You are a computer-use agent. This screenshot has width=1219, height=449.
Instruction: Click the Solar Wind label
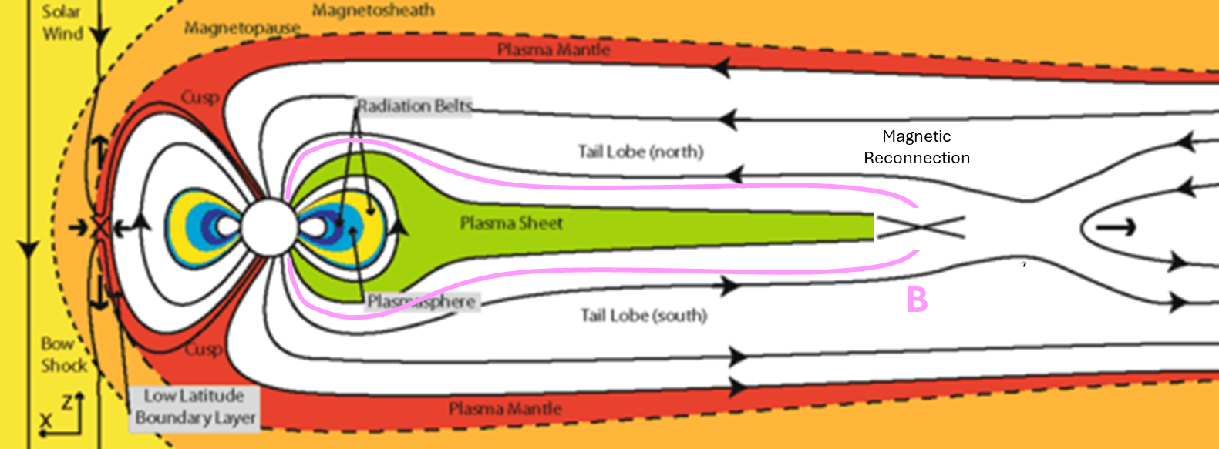point(62,22)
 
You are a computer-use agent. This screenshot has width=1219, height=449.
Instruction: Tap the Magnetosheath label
point(373,11)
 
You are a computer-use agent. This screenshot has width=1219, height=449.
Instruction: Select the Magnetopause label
point(242,28)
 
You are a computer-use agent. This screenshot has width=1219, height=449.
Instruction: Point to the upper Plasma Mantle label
point(553,50)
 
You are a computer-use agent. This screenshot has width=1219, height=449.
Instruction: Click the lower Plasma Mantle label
point(505,409)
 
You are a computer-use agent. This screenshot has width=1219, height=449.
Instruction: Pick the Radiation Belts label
point(414,106)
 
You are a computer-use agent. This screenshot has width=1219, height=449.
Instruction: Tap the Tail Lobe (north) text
point(641,152)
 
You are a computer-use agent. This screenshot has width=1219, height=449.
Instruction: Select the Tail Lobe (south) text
point(644,315)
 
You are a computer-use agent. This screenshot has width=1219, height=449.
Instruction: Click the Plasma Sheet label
point(511,223)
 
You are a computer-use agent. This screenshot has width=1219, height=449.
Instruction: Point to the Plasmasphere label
point(421,301)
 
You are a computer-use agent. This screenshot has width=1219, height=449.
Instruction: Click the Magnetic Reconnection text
point(917,147)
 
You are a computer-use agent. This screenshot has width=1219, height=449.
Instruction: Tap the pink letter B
point(917,300)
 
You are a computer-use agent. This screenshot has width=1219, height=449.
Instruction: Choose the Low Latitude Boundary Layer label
point(194,407)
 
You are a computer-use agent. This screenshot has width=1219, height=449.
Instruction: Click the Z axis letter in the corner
point(67,400)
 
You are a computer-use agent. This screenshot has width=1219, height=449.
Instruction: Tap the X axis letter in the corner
point(46,421)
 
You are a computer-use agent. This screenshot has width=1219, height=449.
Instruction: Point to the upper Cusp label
point(200,98)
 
